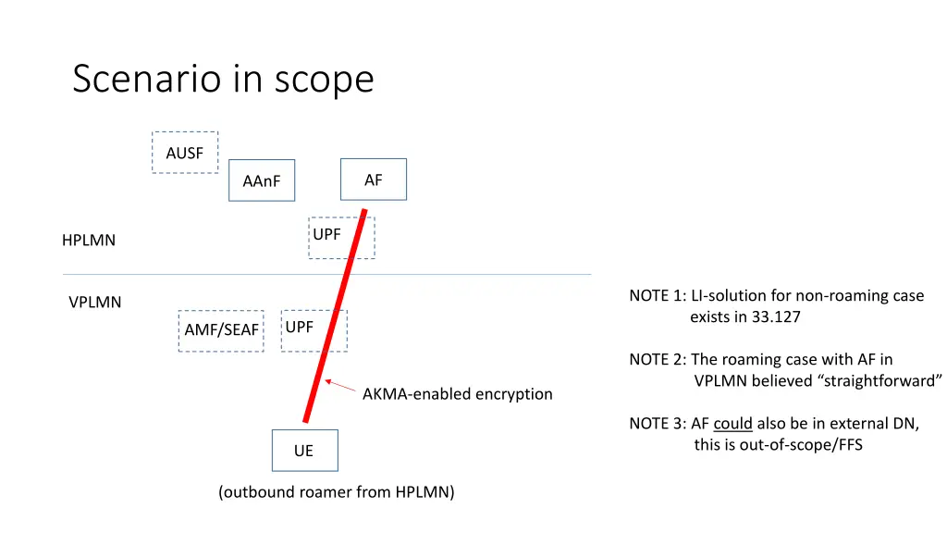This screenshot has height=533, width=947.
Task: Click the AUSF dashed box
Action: pyautogui.click(x=185, y=153)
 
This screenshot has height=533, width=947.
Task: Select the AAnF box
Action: pyautogui.click(x=262, y=180)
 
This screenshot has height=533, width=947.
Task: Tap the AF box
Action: pyautogui.click(x=373, y=180)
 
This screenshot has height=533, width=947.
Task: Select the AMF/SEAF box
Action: pyautogui.click(x=222, y=330)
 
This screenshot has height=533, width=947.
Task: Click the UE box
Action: pyautogui.click(x=304, y=451)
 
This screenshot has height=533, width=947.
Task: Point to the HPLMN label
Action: pyautogui.click(x=89, y=241)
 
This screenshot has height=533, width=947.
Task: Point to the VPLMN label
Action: pyautogui.click(x=95, y=303)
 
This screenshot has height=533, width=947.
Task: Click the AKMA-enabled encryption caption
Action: pyautogui.click(x=457, y=394)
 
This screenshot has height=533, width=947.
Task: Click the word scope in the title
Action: pyautogui.click(x=324, y=80)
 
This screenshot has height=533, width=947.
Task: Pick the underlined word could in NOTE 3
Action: pyautogui.click(x=732, y=424)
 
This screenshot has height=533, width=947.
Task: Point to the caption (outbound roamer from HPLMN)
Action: pyautogui.click(x=337, y=492)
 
